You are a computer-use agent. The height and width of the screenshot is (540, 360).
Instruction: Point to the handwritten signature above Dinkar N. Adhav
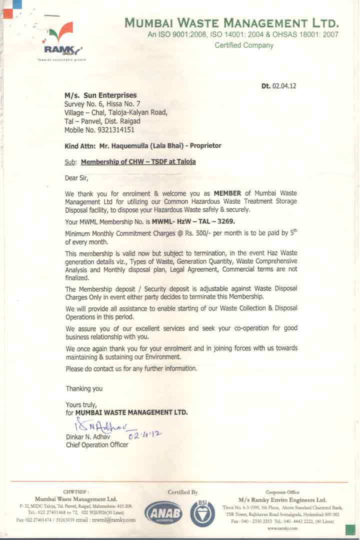[x=98, y=426]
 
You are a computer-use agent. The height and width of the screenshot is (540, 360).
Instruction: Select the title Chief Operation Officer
[x=97, y=445]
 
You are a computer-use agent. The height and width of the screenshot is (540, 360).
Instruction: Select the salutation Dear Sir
[x=76, y=177]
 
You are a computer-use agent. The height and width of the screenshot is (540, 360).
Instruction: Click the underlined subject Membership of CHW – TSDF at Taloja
[x=138, y=162]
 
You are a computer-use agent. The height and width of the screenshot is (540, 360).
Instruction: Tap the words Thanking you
[x=84, y=388]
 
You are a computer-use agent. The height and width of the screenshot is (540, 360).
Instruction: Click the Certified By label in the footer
[x=183, y=492]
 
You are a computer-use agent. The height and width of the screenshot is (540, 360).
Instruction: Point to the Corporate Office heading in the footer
[x=282, y=492]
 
